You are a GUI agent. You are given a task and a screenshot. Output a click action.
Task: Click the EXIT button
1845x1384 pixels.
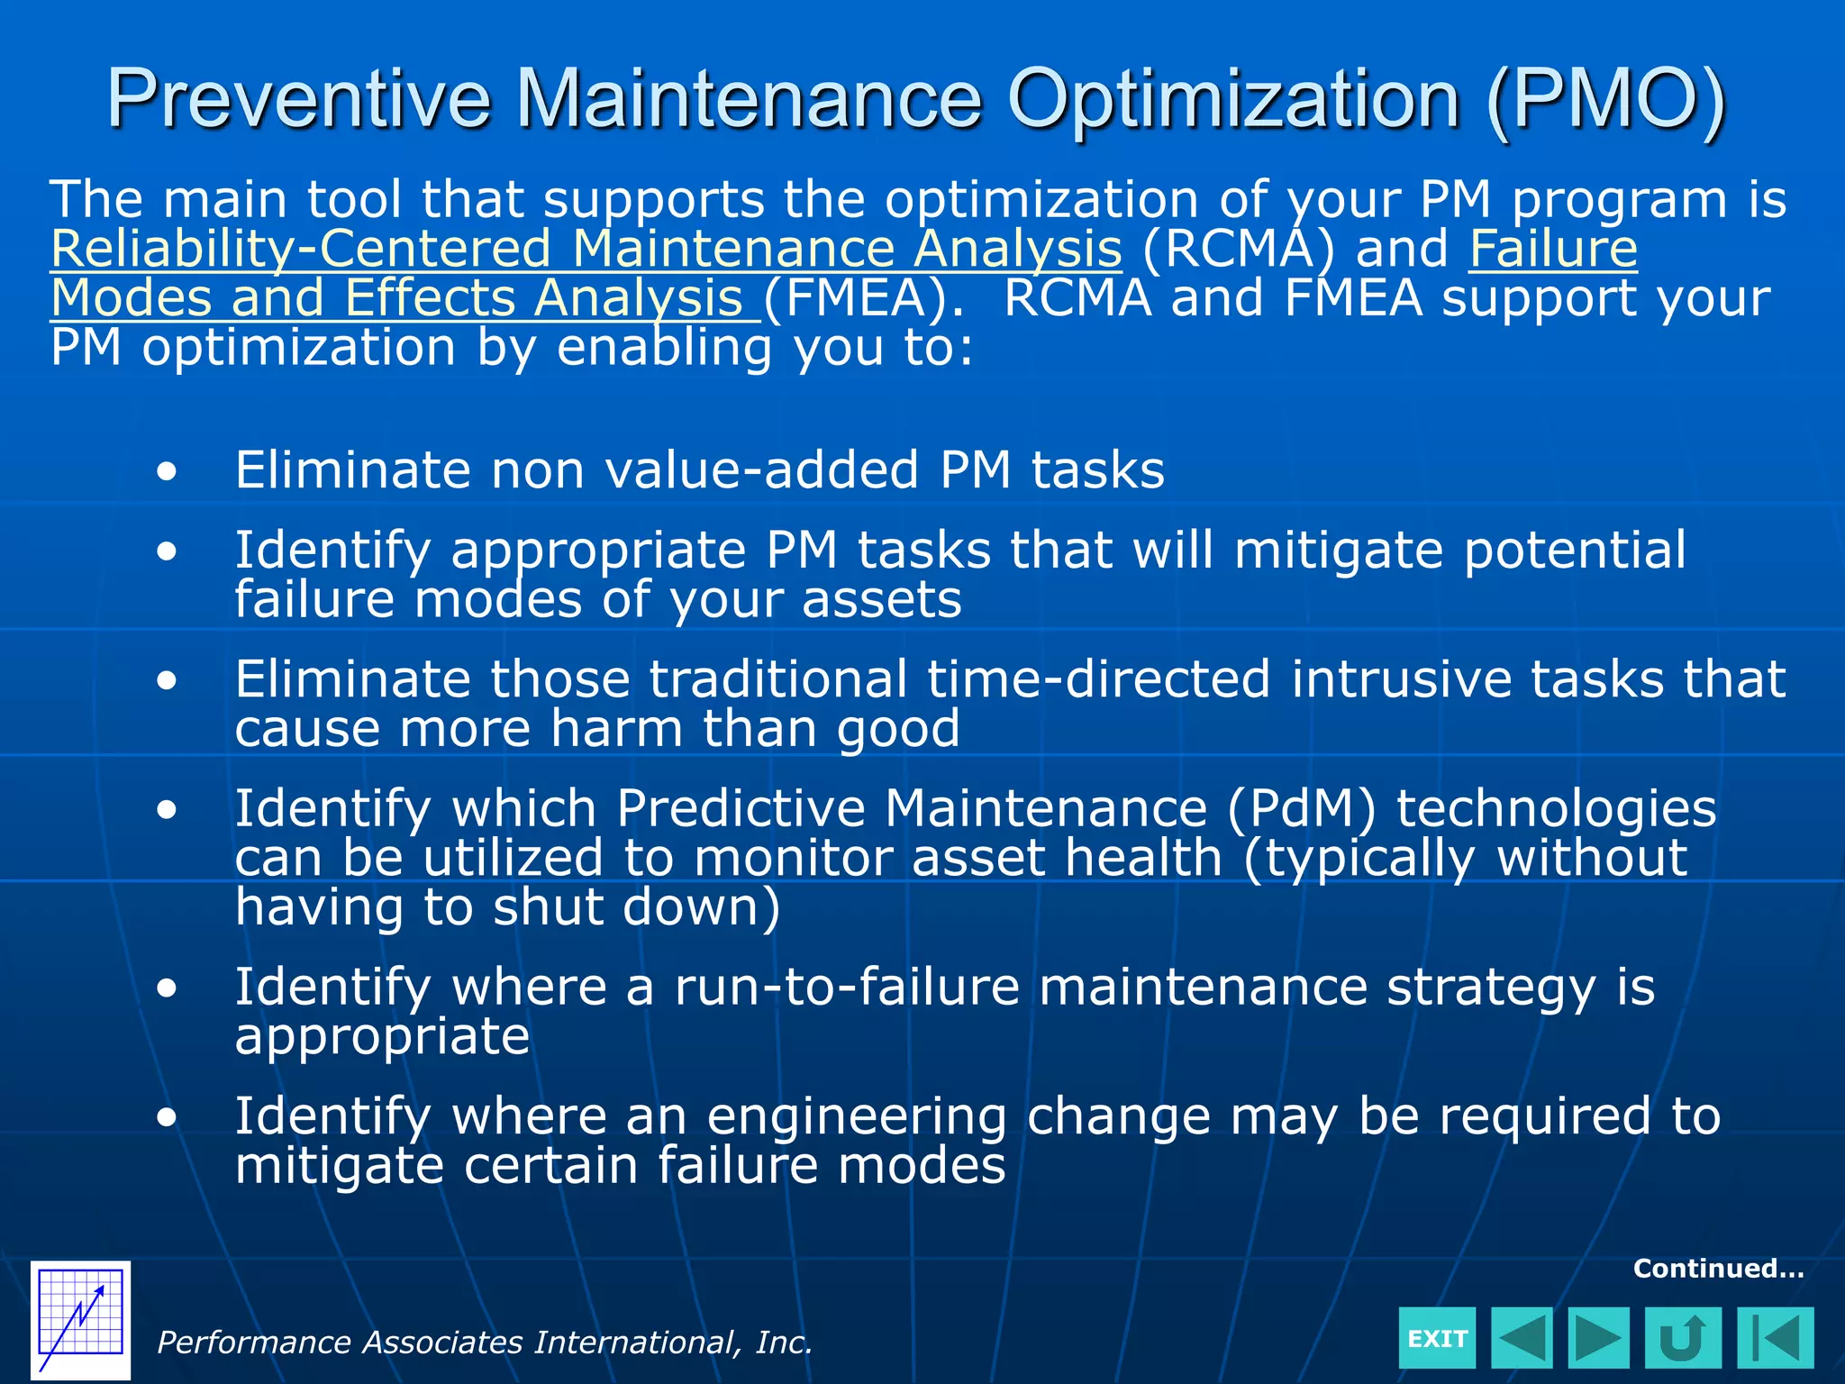pyautogui.click(x=1437, y=1338)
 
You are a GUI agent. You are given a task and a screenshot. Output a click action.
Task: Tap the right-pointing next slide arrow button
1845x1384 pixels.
pyautogui.click(x=1598, y=1338)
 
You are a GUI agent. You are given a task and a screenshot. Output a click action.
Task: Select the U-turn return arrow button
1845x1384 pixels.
pyautogui.click(x=1682, y=1338)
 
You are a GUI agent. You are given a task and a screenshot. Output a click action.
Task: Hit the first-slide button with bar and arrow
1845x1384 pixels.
pyautogui.click(x=1775, y=1338)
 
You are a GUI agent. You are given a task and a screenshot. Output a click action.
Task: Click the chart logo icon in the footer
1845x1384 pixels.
pyautogui.click(x=80, y=1320)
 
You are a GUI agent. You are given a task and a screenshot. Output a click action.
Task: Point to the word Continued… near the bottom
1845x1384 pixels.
pyautogui.click(x=1718, y=1269)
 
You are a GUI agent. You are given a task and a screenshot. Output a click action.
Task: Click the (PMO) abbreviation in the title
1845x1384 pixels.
pyautogui.click(x=1605, y=99)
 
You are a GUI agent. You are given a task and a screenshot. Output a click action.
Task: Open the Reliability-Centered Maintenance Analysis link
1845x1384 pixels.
pyautogui.click(x=586, y=249)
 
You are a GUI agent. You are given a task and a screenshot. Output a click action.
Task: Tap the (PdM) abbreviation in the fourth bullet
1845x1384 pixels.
pyautogui.click(x=1301, y=808)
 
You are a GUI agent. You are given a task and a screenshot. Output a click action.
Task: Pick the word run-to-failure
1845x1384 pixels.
pyautogui.click(x=847, y=987)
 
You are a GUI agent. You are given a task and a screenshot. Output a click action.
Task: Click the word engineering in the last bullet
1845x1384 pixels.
pyautogui.click(x=856, y=1117)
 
